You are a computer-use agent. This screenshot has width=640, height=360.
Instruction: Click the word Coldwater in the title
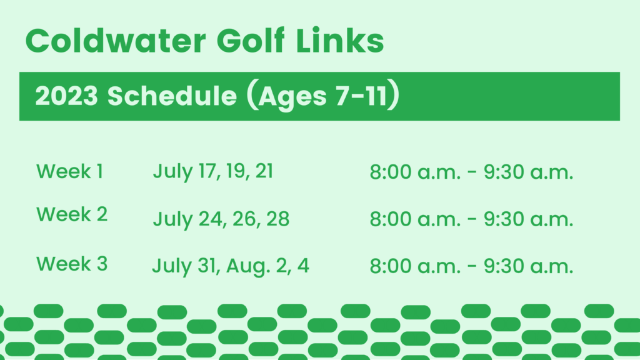pos(116,41)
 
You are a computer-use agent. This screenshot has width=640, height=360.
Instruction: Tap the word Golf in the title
pos(250,41)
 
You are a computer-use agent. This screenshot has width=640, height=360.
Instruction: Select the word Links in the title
pos(339,41)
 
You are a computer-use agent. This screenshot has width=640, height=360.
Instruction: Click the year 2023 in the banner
pos(66,96)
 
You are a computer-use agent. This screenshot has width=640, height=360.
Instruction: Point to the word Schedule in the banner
pos(172,96)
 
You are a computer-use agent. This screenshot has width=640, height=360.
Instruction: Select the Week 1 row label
pos(70,171)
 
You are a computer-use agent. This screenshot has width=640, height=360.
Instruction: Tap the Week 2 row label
pos(72,214)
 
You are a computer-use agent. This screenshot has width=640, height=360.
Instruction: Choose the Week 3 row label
pos(72,264)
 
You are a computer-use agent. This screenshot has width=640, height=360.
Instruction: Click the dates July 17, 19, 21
pos(213,172)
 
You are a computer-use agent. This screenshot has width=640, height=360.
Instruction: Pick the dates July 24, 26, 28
pos(221,219)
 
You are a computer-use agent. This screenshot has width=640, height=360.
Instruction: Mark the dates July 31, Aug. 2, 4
pos(231,266)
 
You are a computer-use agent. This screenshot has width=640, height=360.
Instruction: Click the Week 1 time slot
pos(471,172)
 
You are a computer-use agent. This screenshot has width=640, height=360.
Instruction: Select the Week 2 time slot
pos(471,219)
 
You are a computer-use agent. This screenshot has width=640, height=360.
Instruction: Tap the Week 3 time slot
pos(471,266)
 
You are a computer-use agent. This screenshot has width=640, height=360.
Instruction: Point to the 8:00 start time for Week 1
pos(391,172)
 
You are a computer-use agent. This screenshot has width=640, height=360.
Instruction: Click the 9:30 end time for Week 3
pos(504,266)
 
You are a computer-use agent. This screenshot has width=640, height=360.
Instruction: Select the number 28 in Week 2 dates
pos(278,219)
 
